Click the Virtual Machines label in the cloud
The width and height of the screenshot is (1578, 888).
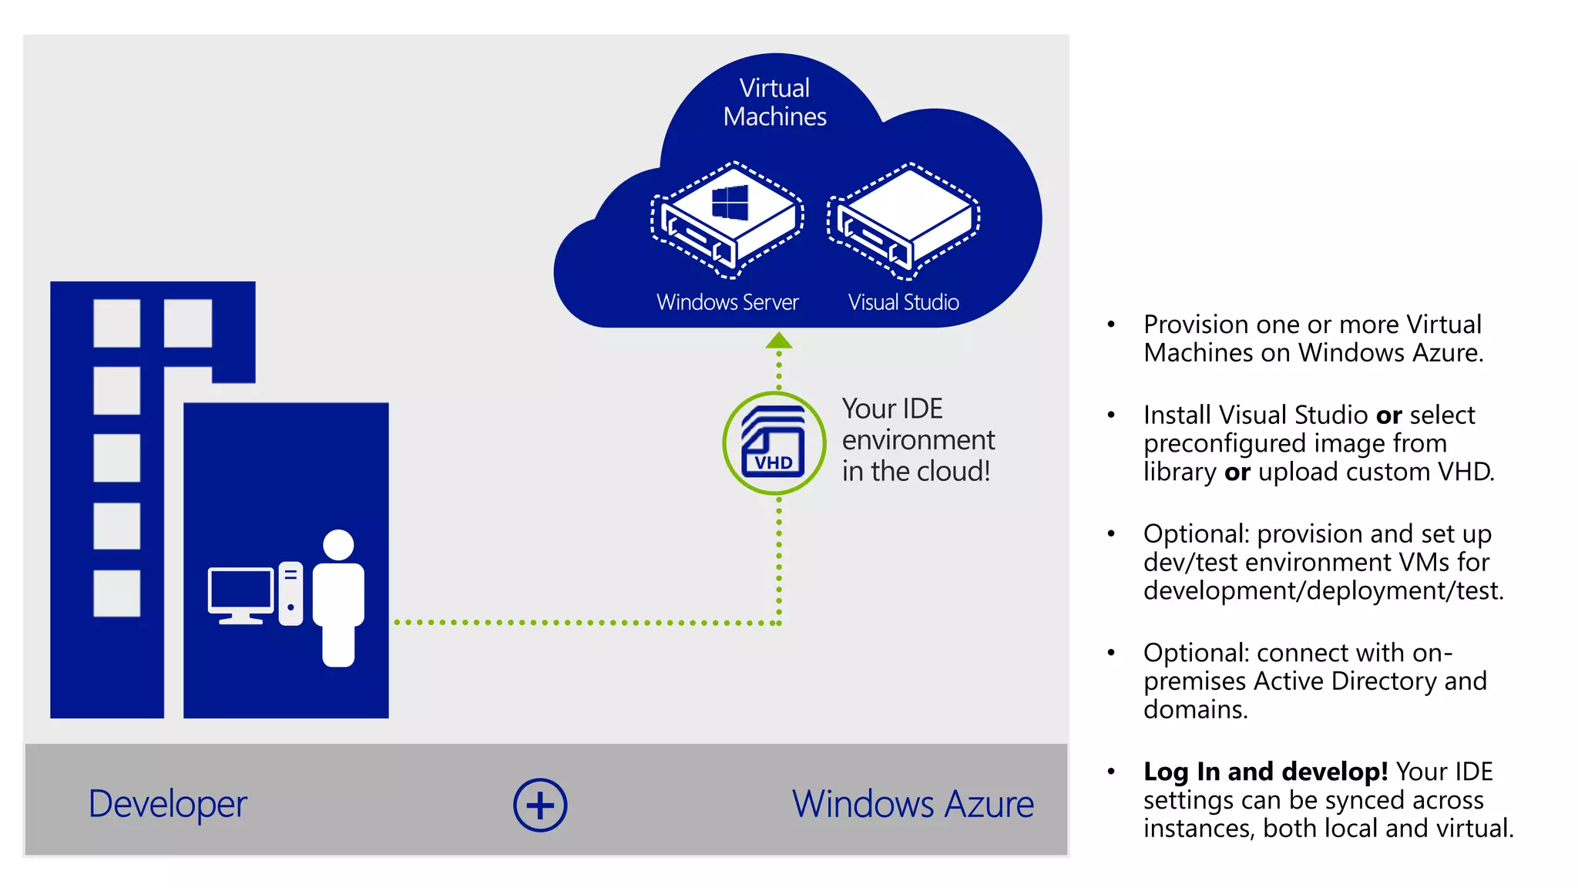[x=774, y=102]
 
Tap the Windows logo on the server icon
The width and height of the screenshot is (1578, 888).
[x=730, y=202]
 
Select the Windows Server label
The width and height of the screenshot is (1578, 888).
[x=727, y=302]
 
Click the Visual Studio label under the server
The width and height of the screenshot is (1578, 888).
[x=903, y=302]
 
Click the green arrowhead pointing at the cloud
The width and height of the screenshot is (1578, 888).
[x=779, y=341]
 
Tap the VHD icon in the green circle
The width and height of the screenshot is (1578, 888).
[x=774, y=443]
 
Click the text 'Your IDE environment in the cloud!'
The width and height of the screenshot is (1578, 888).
[x=917, y=439]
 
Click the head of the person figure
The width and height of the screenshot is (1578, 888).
[x=338, y=544]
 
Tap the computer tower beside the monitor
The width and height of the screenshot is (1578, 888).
[x=290, y=594]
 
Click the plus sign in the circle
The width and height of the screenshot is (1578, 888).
[x=540, y=805]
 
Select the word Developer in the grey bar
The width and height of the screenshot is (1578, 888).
[x=167, y=804]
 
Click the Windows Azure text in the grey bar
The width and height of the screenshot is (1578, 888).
[x=912, y=804]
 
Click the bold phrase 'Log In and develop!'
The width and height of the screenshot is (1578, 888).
[x=1265, y=771]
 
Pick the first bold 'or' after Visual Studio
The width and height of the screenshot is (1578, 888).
[x=1388, y=415]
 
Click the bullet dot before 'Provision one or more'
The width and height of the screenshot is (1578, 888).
[x=1111, y=325]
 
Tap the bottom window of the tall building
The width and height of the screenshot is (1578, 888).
[x=116, y=593]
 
